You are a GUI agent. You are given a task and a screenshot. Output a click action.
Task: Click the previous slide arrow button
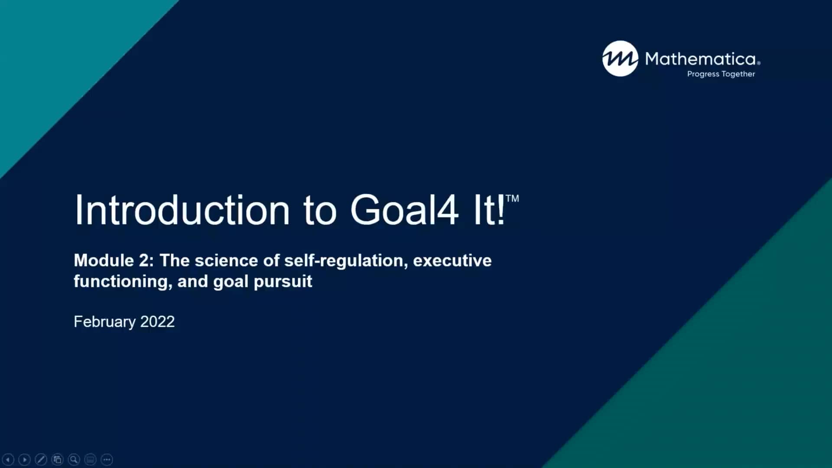coord(8,459)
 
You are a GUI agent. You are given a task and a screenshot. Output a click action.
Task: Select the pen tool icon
coord(41,459)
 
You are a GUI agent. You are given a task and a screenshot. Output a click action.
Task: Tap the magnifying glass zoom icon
coord(74,459)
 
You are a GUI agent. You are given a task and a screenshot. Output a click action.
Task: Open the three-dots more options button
coord(107,459)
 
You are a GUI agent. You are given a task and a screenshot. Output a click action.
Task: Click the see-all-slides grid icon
coord(57,459)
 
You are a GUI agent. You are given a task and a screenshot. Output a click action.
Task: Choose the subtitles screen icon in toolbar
coord(90,459)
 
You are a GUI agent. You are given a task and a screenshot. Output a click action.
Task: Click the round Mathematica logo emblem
coord(620,58)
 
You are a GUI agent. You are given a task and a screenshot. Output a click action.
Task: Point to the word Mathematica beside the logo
coord(701,58)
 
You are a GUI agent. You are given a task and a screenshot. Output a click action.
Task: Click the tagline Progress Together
coord(721,74)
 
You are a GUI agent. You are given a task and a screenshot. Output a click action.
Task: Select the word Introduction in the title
coord(182,210)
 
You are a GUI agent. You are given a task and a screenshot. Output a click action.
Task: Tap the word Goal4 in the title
coord(404,210)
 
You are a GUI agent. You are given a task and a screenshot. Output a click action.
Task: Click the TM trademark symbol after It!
coord(512,198)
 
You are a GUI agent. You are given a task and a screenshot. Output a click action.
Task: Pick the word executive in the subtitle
coord(452,260)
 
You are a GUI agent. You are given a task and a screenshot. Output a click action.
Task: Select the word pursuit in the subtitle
coord(283,282)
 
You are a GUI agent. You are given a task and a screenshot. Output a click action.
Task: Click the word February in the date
coord(104,322)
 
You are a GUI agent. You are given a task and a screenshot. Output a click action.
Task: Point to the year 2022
coord(157,322)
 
